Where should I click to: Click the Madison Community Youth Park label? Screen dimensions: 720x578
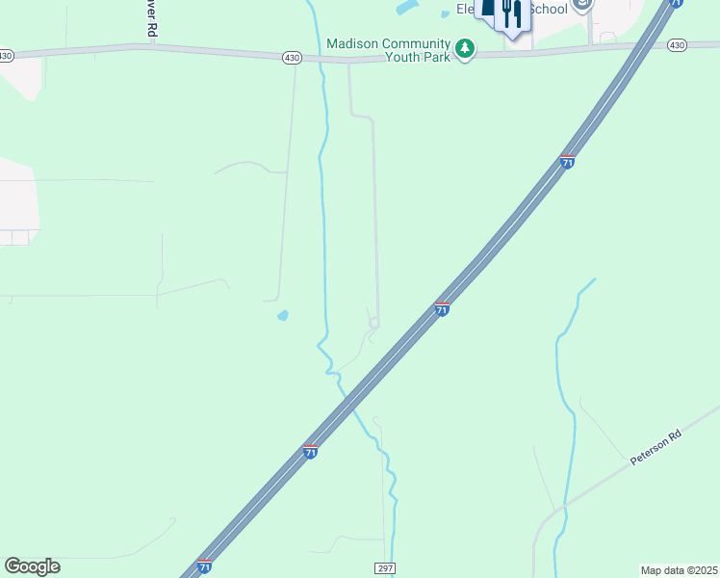click(388, 50)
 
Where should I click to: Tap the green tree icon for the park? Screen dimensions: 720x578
click(465, 47)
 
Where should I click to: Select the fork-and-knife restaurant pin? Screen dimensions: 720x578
click(512, 14)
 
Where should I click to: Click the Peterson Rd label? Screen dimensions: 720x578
click(656, 450)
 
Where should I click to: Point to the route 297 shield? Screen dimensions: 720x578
click(385, 568)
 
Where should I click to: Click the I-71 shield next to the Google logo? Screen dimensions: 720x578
click(204, 566)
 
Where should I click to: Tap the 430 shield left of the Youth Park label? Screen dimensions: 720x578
click(291, 58)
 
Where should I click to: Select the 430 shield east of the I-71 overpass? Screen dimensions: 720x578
click(676, 45)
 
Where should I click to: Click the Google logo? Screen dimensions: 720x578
click(32, 566)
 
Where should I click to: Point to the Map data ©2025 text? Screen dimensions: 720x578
click(679, 569)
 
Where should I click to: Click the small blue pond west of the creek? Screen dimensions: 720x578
click(282, 315)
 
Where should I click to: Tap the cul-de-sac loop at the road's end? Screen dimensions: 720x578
click(373, 324)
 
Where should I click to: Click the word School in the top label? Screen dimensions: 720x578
click(550, 10)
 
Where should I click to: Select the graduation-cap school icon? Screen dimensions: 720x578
click(580, 5)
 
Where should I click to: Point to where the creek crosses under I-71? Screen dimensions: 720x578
click(350, 398)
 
